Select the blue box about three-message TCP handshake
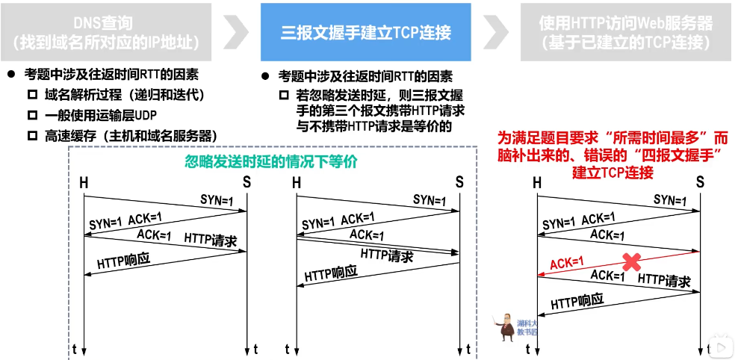click(x=365, y=32)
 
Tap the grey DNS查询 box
click(x=105, y=33)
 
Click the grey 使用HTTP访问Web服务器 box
click(x=625, y=33)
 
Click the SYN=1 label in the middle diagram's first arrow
click(x=429, y=200)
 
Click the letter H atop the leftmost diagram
click(x=84, y=182)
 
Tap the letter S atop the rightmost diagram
click(x=700, y=181)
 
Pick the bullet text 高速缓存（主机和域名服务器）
click(x=131, y=135)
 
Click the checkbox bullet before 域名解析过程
click(x=31, y=95)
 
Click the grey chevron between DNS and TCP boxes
click(x=236, y=32)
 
